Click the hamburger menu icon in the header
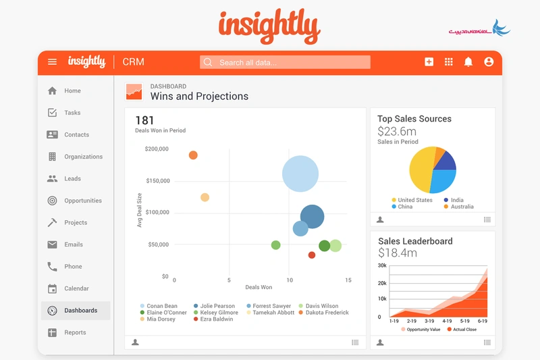52,62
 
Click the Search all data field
285,62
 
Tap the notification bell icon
468,62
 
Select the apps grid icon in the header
448,62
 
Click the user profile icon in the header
489,62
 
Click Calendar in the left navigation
76,288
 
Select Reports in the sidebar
76,332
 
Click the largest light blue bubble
300,174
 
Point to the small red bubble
312,255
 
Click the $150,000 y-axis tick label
157,181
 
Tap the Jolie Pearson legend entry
216,306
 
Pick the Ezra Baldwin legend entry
216,319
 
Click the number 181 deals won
145,121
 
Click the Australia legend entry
461,207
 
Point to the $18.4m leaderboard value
397,253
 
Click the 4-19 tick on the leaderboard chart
447,321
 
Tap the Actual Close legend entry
463,330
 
